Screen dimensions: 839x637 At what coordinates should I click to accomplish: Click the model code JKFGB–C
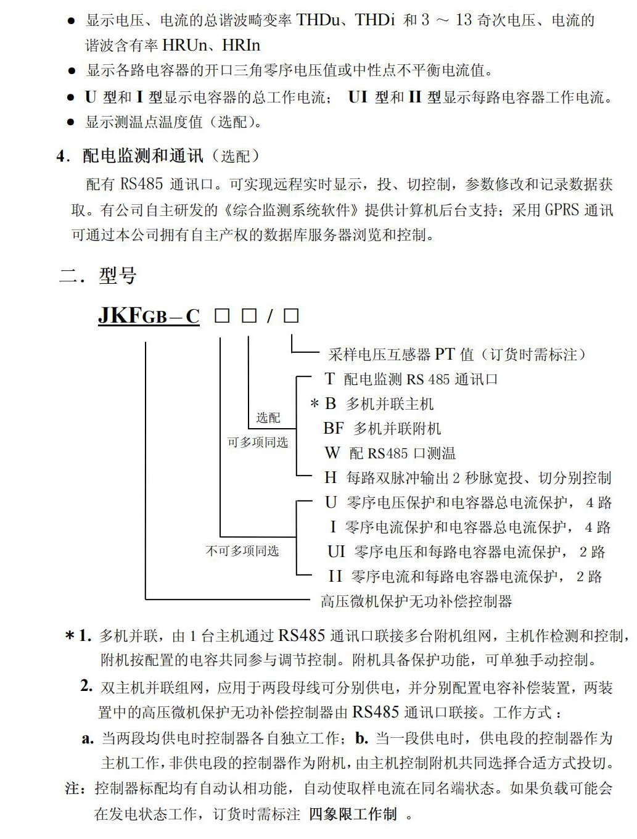(149, 316)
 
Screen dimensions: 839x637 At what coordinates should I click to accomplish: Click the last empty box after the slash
(291, 316)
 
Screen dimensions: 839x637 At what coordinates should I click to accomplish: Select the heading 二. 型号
(97, 275)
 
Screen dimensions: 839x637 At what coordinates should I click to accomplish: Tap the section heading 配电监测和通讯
(143, 156)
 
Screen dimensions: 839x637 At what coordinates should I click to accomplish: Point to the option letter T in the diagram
(329, 379)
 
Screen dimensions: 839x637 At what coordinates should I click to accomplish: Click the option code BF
(334, 428)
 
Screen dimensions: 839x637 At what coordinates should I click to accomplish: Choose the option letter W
(332, 453)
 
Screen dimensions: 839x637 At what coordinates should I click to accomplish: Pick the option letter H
(331, 477)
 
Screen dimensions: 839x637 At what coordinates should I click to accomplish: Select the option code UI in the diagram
(336, 552)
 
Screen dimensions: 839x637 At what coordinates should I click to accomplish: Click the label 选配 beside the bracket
(268, 418)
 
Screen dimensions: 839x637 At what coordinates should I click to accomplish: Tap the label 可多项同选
(258, 442)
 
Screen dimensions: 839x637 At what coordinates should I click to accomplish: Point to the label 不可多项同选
(242, 551)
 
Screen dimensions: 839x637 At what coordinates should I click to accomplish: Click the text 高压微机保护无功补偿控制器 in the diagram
(416, 601)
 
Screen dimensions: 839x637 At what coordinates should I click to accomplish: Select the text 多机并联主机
(390, 404)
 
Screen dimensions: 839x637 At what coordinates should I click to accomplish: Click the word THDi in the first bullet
(375, 20)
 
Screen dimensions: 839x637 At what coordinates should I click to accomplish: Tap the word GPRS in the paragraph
(562, 210)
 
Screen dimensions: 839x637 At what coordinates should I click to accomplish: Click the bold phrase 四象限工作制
(353, 814)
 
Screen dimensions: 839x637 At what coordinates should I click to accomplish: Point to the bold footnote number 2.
(86, 686)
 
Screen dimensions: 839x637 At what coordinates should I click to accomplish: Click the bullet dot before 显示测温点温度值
(71, 122)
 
